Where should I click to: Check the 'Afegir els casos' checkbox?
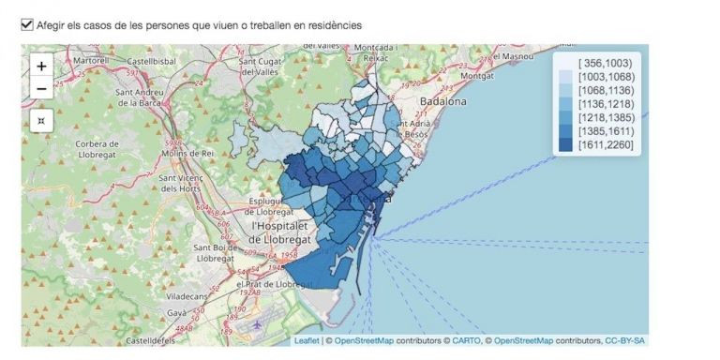click(x=26, y=25)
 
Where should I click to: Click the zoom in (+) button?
click(x=41, y=67)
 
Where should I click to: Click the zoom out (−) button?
click(x=41, y=89)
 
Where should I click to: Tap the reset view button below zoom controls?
click(x=41, y=121)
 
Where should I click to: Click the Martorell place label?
click(x=91, y=60)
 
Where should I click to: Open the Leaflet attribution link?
click(x=307, y=340)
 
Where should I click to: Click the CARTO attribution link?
click(x=466, y=340)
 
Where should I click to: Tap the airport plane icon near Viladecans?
click(x=257, y=324)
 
